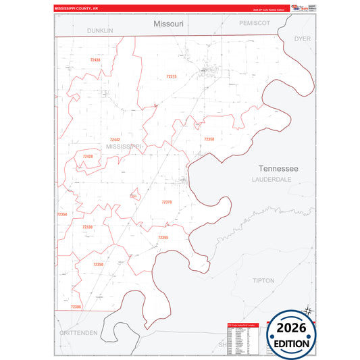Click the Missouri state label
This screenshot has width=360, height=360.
point(168,24)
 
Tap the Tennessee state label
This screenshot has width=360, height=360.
point(279,168)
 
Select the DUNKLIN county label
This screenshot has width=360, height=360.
point(100,31)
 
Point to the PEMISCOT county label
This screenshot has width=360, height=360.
point(255,23)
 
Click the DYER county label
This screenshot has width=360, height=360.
point(302,39)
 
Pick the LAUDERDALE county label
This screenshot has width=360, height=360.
point(271,180)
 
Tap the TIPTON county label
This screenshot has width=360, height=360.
point(263,280)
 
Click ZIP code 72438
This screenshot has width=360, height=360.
point(95,60)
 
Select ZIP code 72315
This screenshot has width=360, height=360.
point(171,77)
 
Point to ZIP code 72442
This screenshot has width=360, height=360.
point(115,140)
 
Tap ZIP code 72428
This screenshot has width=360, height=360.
point(88,156)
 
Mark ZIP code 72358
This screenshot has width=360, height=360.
point(209,139)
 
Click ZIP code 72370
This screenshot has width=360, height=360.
point(167,202)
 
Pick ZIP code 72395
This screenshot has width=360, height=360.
point(163,238)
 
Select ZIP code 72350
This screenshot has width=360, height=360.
point(98,264)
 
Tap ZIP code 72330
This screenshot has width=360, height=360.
point(87,227)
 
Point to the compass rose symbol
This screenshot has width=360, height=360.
point(309,311)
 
